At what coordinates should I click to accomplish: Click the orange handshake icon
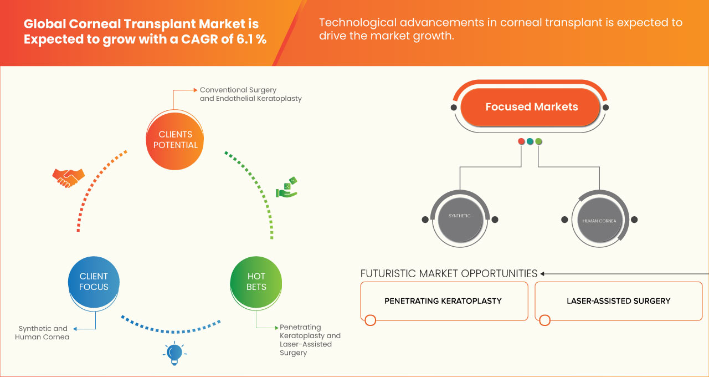[x=68, y=178]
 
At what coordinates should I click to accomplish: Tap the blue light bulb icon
[x=174, y=353]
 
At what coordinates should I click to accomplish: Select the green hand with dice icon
[x=287, y=187]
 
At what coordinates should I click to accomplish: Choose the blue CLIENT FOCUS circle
[x=94, y=282]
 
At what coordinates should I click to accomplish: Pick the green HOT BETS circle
[x=256, y=282]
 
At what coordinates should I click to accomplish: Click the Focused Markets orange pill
[x=531, y=107]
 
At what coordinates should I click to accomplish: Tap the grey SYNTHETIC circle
[x=460, y=219]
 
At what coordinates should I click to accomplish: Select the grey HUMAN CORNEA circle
[x=599, y=220]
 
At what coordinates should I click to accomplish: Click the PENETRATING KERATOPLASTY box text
[x=443, y=301]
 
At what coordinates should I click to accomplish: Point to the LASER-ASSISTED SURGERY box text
[x=619, y=301]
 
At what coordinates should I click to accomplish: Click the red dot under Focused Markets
[x=521, y=141]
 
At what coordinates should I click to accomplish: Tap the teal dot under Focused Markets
[x=530, y=141]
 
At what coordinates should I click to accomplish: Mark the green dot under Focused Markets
[x=538, y=141]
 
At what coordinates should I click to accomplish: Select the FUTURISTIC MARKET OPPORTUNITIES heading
[x=449, y=273]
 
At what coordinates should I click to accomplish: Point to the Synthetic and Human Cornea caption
[x=42, y=333]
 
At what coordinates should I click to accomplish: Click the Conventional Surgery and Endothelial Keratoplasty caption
[x=251, y=94]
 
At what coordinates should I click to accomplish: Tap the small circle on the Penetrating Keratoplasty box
[x=371, y=320]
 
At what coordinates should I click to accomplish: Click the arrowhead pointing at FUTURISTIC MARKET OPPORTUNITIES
[x=542, y=274]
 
